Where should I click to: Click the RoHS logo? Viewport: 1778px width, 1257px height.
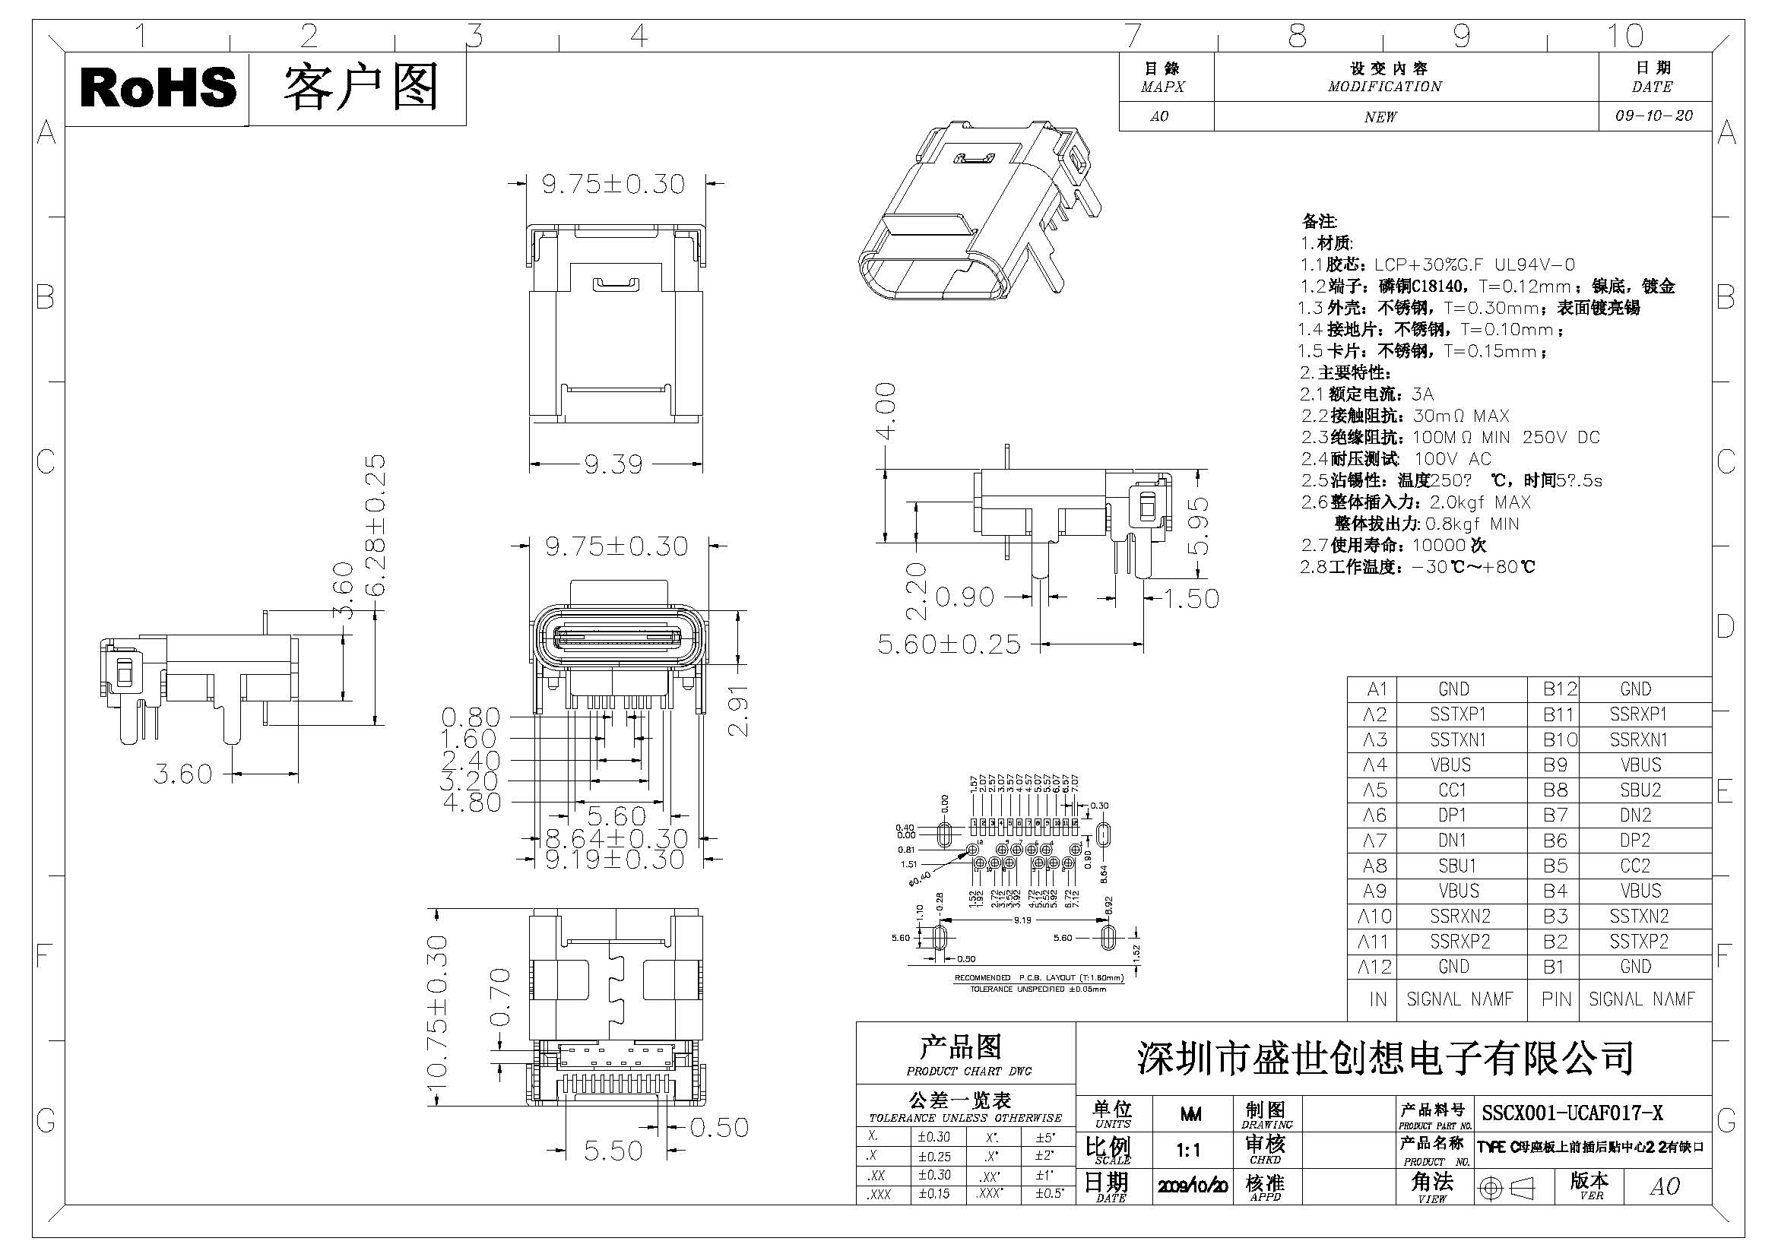pos(157,87)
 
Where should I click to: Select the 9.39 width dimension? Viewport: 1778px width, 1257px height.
pos(613,465)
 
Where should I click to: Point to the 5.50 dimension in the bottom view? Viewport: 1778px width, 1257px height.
pos(613,1151)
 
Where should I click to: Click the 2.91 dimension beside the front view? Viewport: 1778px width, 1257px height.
pos(740,710)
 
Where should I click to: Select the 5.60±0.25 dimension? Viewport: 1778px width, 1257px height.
pos(949,644)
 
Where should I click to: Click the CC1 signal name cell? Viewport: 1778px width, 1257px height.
pos(1453,790)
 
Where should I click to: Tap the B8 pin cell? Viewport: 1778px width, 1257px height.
pos(1555,790)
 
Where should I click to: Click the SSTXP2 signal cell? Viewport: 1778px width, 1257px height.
pos(1639,942)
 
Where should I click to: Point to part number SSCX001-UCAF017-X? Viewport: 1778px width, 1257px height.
pos(1572,1114)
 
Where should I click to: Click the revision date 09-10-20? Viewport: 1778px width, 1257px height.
pos(1654,116)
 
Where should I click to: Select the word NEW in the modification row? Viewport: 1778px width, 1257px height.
pos(1380,117)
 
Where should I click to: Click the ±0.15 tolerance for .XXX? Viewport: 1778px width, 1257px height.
pos(934,1193)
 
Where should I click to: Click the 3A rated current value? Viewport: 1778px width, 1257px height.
pos(1422,394)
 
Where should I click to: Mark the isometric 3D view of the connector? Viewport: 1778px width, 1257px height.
pos(981,217)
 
